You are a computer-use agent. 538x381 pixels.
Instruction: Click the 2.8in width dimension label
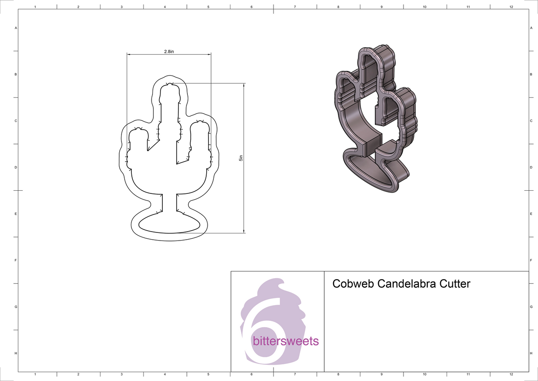tap(169, 52)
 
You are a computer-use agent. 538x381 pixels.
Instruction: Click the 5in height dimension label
tap(241, 158)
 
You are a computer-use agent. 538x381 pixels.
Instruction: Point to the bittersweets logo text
tap(286, 342)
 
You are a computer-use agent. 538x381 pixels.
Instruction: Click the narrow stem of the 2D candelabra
tap(169, 204)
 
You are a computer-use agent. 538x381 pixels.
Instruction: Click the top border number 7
tap(295, 7)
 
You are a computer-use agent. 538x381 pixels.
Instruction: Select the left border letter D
tap(16, 167)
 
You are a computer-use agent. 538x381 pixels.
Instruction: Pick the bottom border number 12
tap(511, 374)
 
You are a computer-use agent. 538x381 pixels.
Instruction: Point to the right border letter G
tap(531, 307)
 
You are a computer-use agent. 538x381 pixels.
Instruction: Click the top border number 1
tap(35, 7)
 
